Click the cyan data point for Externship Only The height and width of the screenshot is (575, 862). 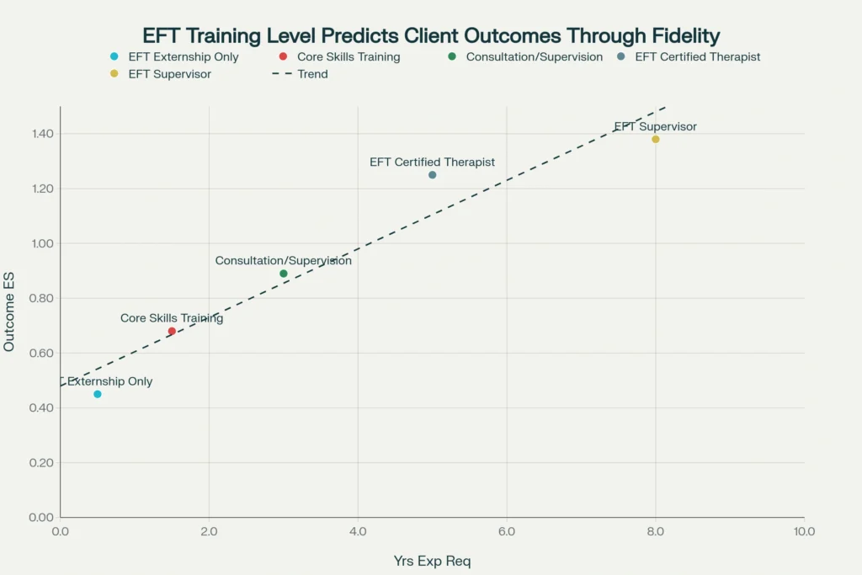click(x=98, y=394)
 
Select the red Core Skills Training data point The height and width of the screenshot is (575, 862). click(x=172, y=331)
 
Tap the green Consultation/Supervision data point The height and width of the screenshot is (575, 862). click(x=284, y=274)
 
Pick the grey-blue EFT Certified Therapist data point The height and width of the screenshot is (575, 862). click(x=433, y=175)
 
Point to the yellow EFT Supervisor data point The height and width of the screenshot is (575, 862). click(x=656, y=140)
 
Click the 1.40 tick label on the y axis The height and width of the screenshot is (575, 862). click(x=40, y=134)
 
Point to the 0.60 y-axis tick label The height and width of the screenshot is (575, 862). click(x=40, y=353)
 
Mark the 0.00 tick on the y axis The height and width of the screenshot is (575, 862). click(x=40, y=517)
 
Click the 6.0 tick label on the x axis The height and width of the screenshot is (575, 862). click(x=507, y=532)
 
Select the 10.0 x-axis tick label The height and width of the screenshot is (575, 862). click(x=804, y=532)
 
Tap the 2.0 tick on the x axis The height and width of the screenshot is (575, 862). click(x=209, y=532)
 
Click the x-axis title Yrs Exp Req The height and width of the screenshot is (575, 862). click(x=432, y=561)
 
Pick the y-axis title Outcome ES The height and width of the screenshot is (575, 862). click(x=9, y=311)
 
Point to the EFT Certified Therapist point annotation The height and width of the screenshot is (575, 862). click(x=433, y=162)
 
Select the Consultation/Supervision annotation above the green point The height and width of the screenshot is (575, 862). click(x=284, y=261)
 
